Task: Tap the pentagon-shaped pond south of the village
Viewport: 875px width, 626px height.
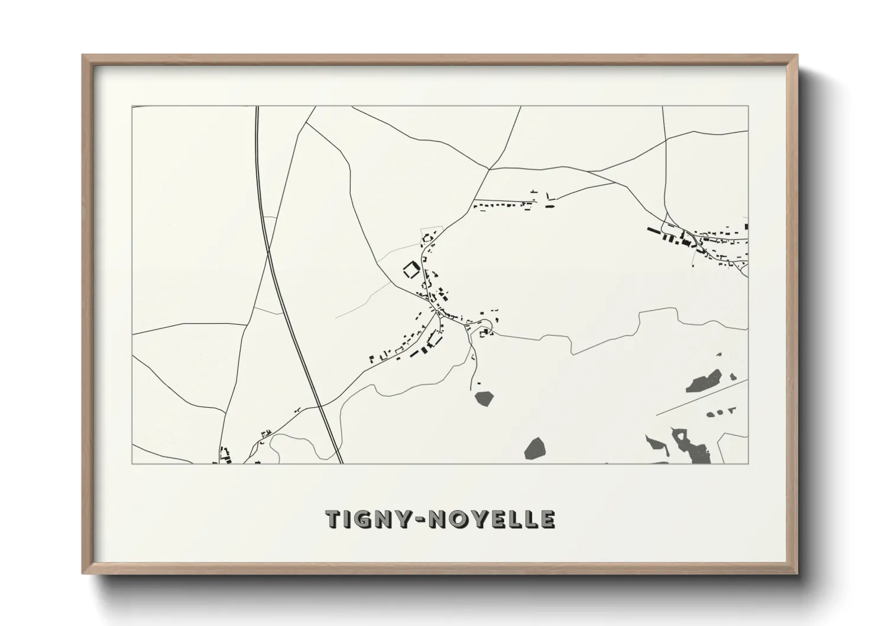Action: click(484, 398)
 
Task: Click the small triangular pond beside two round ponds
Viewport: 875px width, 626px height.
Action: click(733, 409)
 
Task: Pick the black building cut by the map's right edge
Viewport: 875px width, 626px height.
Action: click(746, 226)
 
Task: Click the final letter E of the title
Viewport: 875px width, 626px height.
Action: click(547, 519)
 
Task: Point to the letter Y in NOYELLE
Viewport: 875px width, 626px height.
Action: click(477, 519)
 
